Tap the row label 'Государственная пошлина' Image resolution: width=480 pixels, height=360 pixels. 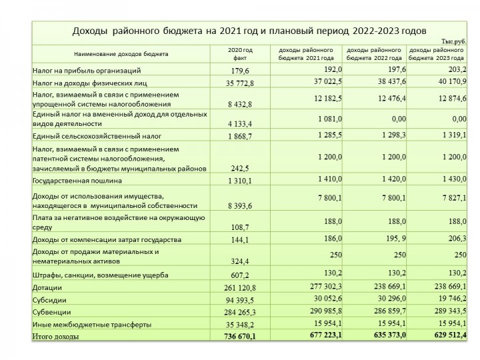pyautogui.click(x=77, y=180)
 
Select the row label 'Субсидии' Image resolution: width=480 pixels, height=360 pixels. pyautogui.click(x=49, y=300)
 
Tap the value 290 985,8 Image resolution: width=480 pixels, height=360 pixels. pyautogui.click(x=323, y=311)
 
